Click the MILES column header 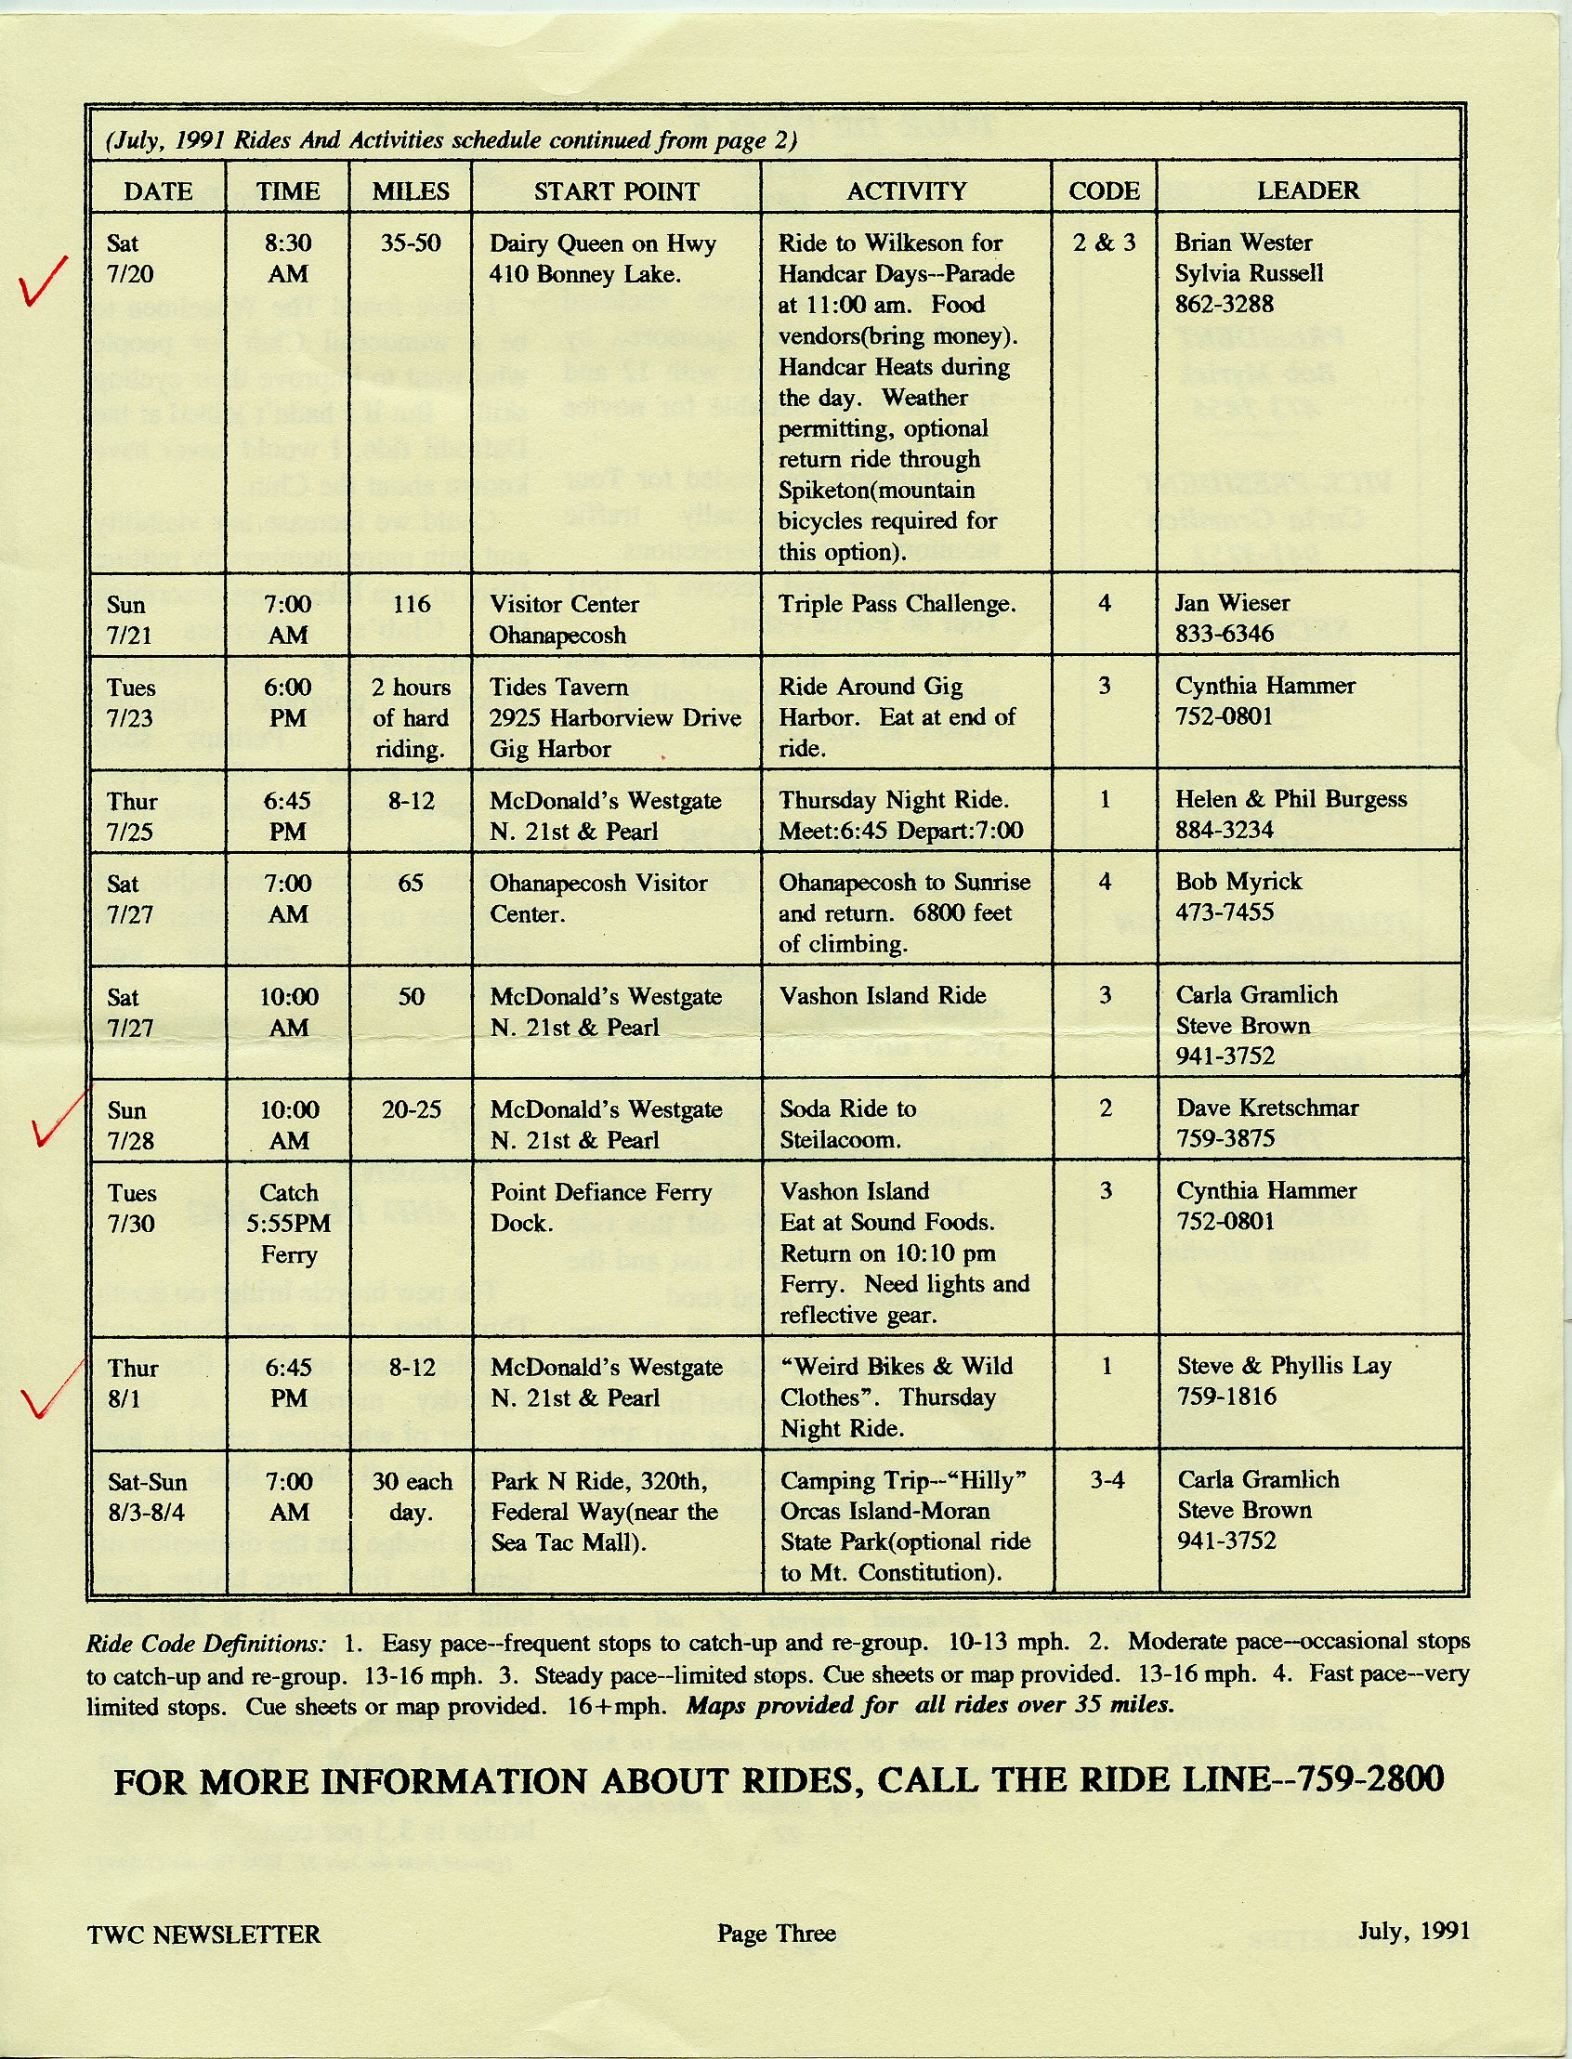pos(411,190)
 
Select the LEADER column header pos(1308,190)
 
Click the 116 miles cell pos(411,604)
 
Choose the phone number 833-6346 pos(1225,635)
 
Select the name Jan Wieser pos(1232,603)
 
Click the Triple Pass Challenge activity pos(897,604)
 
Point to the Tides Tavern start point pos(558,687)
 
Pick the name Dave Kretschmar pos(1267,1108)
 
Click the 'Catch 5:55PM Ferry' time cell pos(289,1224)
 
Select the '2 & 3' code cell pos(1104,243)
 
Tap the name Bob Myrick pos(1238,881)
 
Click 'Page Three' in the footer pos(777,1934)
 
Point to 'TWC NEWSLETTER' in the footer pos(204,1934)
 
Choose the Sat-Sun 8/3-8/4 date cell pos(148,1497)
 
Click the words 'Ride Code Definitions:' pos(206,1644)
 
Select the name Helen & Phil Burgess pos(1291,798)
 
